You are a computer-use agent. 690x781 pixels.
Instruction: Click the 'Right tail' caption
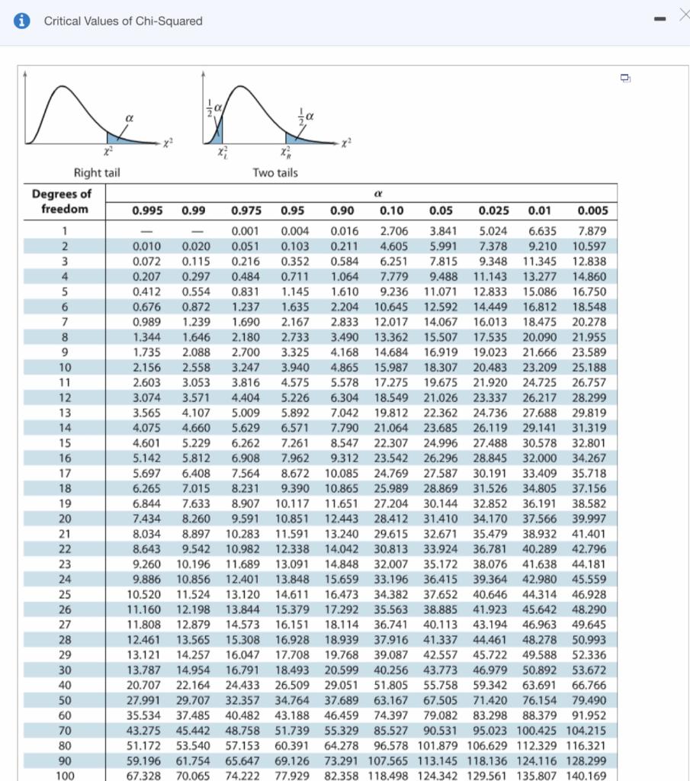96,172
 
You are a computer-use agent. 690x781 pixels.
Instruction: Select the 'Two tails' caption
274,172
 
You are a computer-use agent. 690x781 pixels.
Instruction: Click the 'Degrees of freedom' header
62,201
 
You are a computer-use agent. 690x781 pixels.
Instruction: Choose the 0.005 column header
592,210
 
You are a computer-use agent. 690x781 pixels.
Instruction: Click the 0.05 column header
441,210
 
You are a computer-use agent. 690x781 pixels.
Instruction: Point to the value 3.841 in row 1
443,231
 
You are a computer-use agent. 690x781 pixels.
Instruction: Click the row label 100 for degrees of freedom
66,776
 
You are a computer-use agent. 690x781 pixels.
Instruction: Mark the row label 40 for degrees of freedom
66,684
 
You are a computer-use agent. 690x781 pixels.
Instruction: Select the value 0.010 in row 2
146,246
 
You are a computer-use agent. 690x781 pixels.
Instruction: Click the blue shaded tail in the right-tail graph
127,138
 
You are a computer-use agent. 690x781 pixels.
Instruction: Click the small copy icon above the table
625,78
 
